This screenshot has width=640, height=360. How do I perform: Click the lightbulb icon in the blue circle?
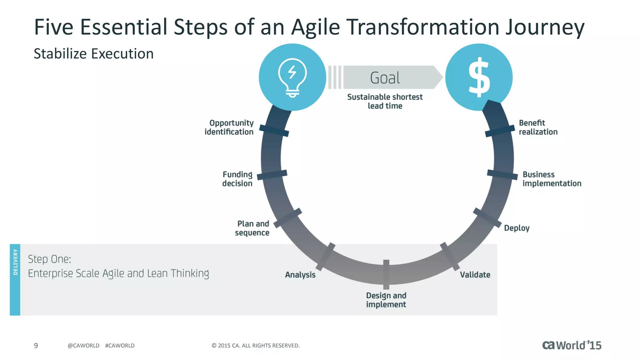tap(292, 78)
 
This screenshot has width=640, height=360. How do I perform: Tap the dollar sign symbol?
tap(479, 77)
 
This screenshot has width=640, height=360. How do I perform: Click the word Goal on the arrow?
tap(385, 78)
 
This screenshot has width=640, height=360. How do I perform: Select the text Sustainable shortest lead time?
tap(385, 101)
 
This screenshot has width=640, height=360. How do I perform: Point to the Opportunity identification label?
tap(229, 127)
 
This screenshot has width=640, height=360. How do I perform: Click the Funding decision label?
tap(237, 179)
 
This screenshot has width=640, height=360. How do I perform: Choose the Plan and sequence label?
tap(252, 228)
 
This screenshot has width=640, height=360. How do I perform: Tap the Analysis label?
tap(300, 275)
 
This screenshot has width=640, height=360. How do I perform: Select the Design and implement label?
tap(386, 300)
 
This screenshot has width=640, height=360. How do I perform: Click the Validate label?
tap(475, 275)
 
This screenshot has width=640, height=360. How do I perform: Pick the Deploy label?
tap(517, 228)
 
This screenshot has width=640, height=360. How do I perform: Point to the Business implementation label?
tap(552, 179)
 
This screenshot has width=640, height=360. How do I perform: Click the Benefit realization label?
tap(538, 127)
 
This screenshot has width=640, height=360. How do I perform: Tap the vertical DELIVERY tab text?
tap(15, 262)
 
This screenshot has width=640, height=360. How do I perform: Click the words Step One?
tap(50, 259)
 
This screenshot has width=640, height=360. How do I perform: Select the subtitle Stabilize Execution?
tap(93, 54)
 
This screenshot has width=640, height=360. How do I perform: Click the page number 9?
tap(36, 345)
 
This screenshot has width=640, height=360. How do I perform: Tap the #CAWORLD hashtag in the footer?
tap(120, 346)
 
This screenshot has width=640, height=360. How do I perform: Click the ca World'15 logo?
tap(572, 345)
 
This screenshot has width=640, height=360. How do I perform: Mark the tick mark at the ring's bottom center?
tap(386, 274)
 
